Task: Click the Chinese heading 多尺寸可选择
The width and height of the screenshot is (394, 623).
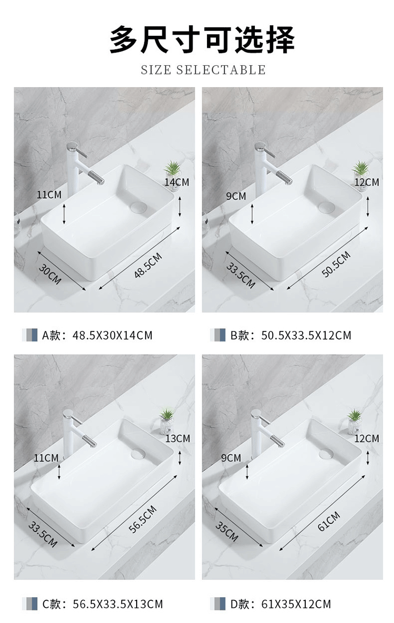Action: (x=202, y=39)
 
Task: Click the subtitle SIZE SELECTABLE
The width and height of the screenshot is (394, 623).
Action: (x=203, y=70)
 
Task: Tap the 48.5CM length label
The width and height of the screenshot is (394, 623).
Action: (x=148, y=265)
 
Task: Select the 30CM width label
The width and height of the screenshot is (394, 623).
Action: (x=50, y=274)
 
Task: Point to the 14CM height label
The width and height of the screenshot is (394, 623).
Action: (x=177, y=182)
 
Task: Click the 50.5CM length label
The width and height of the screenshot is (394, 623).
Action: (x=336, y=264)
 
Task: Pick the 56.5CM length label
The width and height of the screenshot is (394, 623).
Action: (x=142, y=519)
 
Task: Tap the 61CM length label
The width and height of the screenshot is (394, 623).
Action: (x=329, y=521)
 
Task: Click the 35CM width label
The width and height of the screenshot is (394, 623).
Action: (x=227, y=532)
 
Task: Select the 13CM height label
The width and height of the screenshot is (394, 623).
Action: (x=178, y=438)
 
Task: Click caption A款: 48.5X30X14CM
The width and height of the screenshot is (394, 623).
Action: (x=97, y=335)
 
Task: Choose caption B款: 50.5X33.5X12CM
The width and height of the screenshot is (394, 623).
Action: (x=291, y=335)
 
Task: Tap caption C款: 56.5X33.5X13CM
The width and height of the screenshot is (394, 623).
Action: (x=102, y=604)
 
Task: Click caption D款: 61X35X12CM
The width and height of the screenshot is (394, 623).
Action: (x=281, y=604)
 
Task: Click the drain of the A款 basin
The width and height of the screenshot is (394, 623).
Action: (x=138, y=207)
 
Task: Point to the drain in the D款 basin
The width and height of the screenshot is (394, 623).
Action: (x=326, y=453)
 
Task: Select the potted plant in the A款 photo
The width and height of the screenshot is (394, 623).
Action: (x=173, y=172)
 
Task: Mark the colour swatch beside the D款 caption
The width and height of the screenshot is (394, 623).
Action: (x=217, y=604)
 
